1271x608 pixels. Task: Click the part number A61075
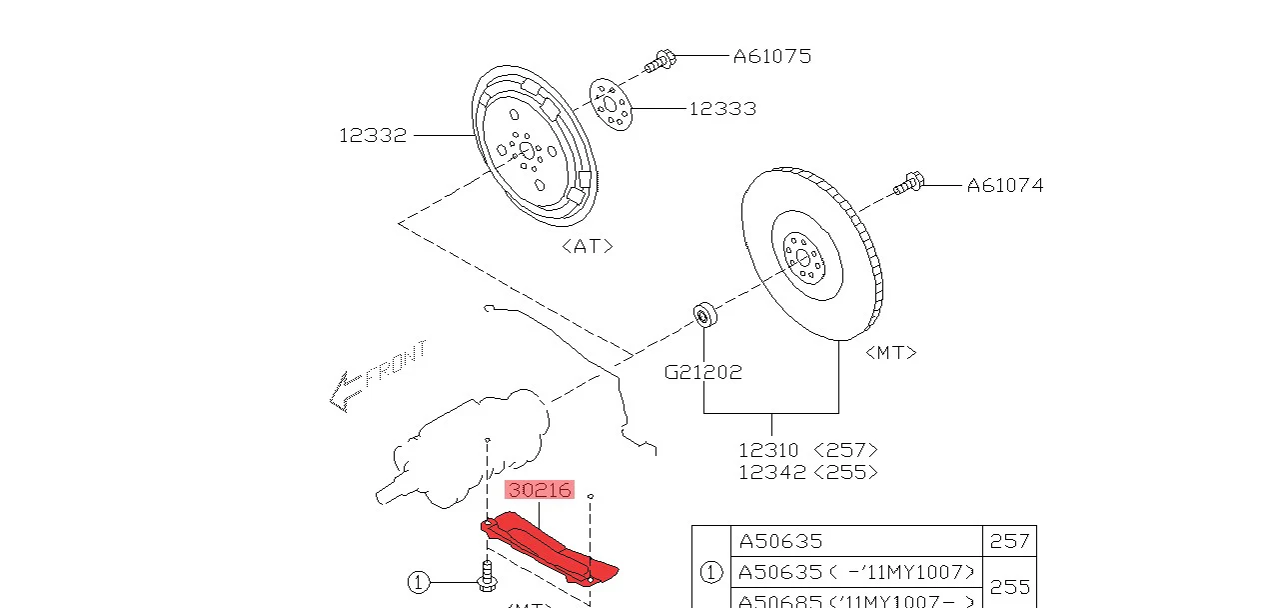click(771, 56)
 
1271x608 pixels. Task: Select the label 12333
click(721, 108)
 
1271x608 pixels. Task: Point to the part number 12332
click(373, 135)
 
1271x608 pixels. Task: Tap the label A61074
click(1004, 185)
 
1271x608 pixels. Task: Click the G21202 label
click(703, 372)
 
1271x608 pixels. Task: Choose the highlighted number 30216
click(540, 490)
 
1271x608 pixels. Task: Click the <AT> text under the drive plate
click(587, 245)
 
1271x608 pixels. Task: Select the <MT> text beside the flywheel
click(890, 352)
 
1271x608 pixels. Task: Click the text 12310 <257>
click(807, 450)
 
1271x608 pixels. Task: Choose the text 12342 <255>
click(807, 472)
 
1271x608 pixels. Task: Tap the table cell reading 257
click(1009, 541)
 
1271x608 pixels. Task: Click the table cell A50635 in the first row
click(780, 541)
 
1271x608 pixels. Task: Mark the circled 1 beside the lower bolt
click(419, 581)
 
